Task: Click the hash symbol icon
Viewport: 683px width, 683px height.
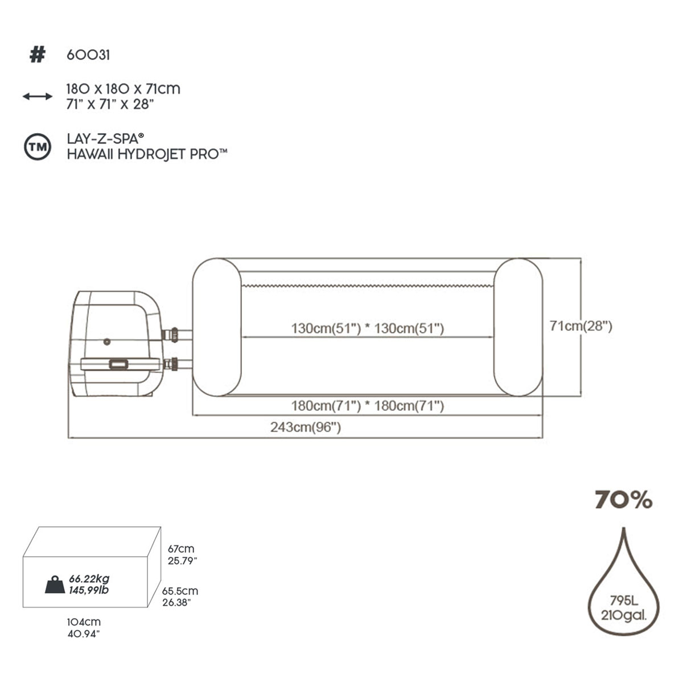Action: coord(37,55)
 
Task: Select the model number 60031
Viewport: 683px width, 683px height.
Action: coord(88,55)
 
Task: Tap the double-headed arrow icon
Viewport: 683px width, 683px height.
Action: coord(38,97)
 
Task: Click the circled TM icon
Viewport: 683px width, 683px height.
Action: coord(38,147)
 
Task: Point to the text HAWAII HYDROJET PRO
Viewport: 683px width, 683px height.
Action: coord(147,154)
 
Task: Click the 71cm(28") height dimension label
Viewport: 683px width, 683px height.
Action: coord(581,326)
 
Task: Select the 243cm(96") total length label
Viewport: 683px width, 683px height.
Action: coord(306,427)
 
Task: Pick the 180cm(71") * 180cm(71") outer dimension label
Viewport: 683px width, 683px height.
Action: coord(367,406)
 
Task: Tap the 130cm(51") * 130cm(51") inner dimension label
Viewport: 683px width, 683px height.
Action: coord(367,328)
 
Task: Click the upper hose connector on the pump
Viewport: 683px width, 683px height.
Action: coord(171,335)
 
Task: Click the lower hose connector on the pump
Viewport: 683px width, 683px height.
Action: coord(171,363)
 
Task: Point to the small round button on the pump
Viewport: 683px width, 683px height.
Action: coord(106,342)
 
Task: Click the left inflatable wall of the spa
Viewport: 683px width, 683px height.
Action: coord(217,327)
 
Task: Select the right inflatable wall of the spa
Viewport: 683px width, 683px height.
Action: coord(518,327)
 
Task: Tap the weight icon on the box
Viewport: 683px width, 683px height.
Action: coord(55,585)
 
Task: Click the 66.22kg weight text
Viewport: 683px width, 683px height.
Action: coord(89,579)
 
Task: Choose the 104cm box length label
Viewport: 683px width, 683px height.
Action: coord(84,622)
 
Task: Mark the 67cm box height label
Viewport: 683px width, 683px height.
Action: coord(181,549)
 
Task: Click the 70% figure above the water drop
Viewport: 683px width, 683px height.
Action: coord(623,500)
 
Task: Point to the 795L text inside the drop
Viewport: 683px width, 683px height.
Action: coord(623,600)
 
